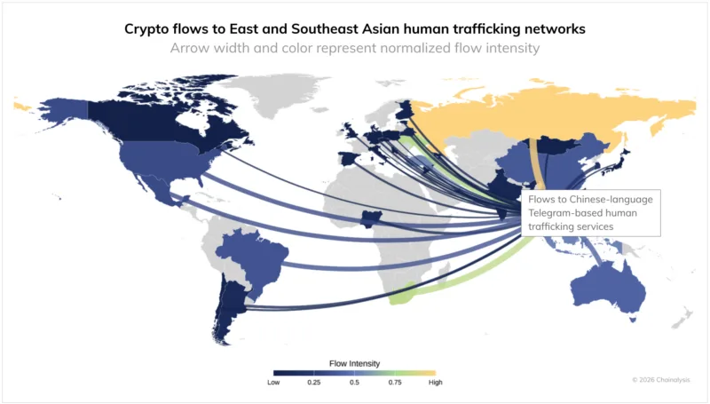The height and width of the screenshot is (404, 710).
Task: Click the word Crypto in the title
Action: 148,28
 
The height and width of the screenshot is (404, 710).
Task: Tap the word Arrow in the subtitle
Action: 193,48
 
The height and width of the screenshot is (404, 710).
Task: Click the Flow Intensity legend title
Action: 354,363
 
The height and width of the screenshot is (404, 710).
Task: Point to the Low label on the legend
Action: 274,383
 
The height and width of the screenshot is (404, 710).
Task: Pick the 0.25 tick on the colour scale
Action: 313,383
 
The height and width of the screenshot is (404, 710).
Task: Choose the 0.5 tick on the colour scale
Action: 354,383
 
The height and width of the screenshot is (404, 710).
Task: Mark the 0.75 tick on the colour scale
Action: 394,383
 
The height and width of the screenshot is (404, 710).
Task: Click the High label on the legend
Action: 435,383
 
